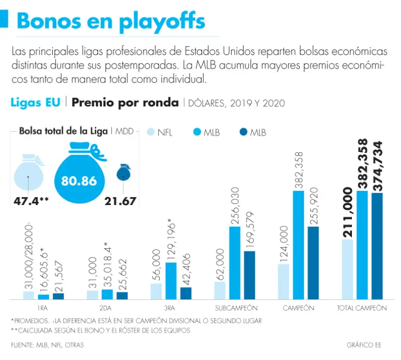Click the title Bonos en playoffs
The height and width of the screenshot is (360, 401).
pos(111,21)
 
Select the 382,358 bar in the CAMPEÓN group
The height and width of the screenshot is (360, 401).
pos(299,245)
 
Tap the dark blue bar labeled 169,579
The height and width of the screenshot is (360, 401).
pos(250,274)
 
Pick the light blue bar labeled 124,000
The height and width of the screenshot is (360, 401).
pos(284,281)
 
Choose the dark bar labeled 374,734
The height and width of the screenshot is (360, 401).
pos(377,246)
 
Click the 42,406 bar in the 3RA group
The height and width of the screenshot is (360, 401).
pos(186,293)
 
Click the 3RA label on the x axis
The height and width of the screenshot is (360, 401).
pos(171,308)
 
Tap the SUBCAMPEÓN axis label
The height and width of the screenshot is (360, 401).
pos(237,308)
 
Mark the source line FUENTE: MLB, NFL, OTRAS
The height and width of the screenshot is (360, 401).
pos(47,345)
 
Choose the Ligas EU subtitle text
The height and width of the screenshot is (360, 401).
pos(35,102)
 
